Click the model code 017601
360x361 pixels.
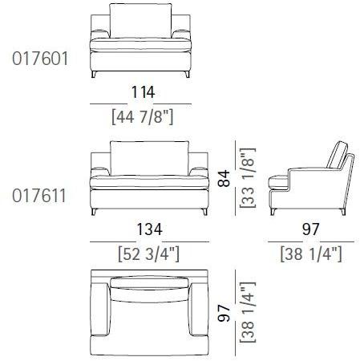point(40,59)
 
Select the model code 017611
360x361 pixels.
point(39,196)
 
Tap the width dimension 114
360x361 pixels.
point(143,92)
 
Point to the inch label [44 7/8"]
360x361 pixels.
point(143,117)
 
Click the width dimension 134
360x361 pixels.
point(149,229)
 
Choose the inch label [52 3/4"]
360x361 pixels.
point(148,254)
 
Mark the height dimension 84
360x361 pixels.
point(224,178)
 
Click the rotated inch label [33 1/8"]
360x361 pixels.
point(248,177)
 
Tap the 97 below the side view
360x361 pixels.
point(311,229)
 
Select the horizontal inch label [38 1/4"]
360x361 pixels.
point(311,254)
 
